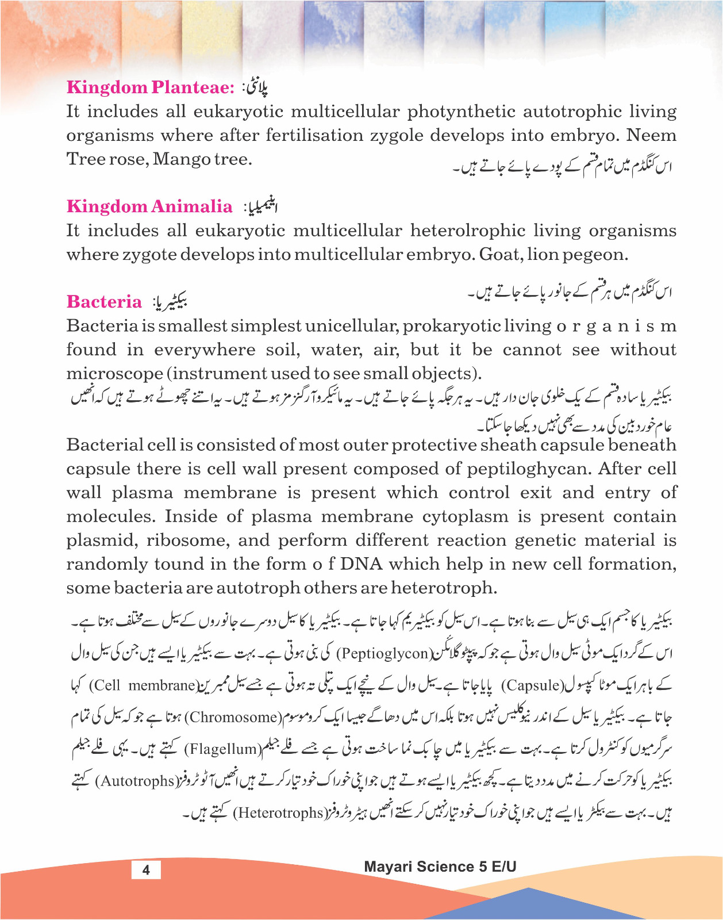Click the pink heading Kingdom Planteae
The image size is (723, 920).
[151, 87]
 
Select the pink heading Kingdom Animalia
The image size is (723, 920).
[149, 206]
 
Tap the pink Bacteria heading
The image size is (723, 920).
[104, 302]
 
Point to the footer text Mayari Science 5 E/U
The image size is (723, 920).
[440, 867]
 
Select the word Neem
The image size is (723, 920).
[651, 136]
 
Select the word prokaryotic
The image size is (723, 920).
[452, 326]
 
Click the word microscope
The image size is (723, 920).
[115, 374]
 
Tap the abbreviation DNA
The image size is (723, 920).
[361, 564]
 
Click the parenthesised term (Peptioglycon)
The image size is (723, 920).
[383, 654]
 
